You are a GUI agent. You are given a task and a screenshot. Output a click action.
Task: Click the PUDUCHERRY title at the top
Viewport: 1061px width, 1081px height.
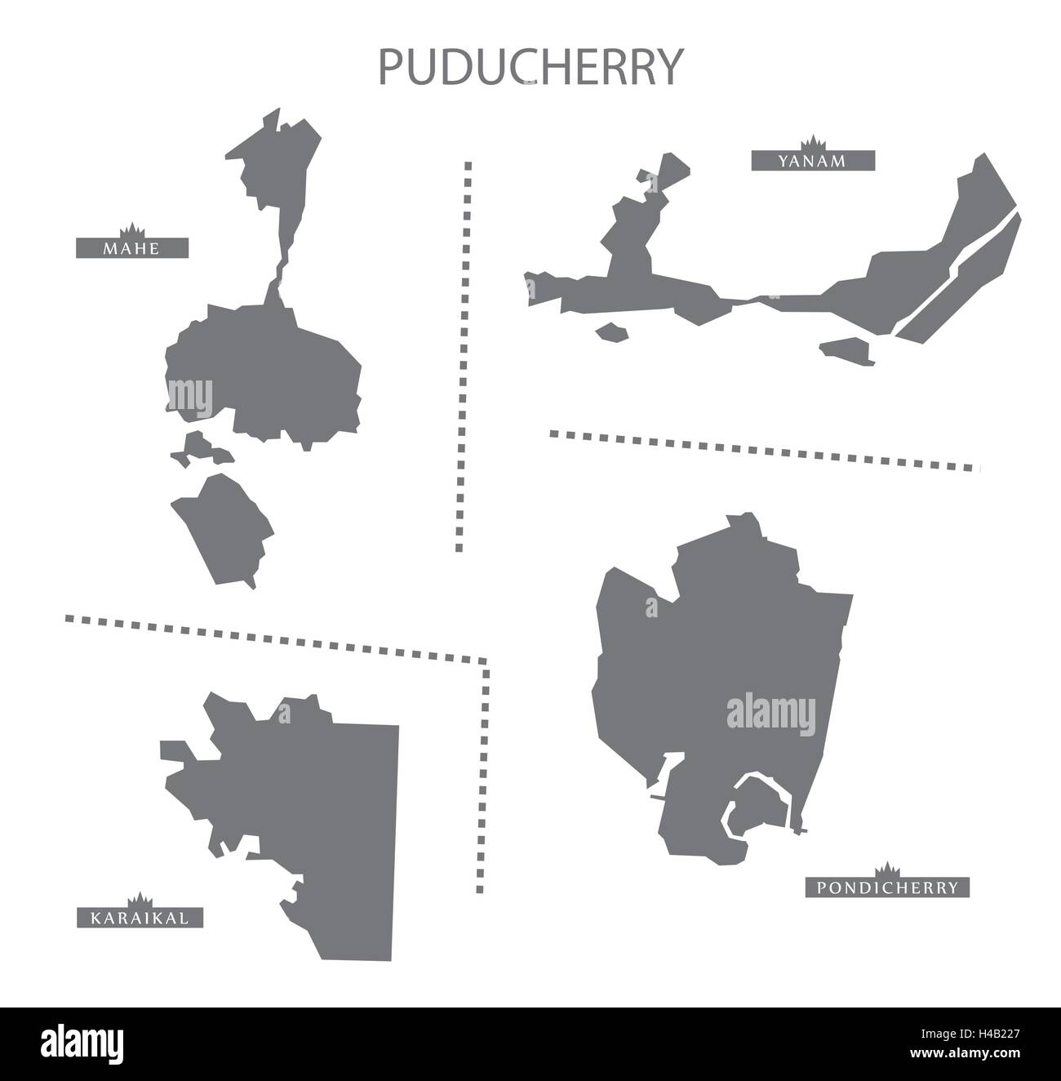click(530, 68)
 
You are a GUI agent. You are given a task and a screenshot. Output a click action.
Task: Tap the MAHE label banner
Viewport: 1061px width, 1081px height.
click(132, 247)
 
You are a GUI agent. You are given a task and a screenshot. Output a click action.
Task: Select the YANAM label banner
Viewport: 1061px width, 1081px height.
click(813, 161)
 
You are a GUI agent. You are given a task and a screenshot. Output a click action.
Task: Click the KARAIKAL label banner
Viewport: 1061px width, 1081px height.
click(140, 919)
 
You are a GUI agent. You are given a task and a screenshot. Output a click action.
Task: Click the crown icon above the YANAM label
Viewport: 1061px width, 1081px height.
click(813, 141)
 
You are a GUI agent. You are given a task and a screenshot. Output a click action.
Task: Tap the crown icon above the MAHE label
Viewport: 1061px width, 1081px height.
click(131, 228)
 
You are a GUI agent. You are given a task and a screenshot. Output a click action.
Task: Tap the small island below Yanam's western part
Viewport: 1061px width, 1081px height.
click(612, 332)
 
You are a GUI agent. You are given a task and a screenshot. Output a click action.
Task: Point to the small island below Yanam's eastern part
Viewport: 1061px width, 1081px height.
click(849, 349)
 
